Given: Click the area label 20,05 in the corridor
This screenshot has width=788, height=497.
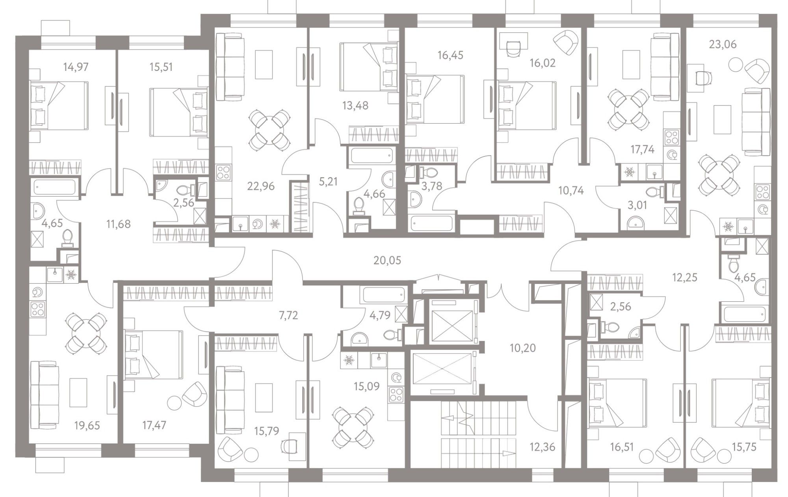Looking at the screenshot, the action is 387,260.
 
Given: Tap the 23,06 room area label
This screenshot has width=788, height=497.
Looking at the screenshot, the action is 723,45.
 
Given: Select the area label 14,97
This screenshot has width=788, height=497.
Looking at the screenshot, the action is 76,67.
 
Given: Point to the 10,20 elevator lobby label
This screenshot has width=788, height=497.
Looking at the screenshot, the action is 522,348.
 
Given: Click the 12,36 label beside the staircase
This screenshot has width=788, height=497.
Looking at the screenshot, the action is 542,447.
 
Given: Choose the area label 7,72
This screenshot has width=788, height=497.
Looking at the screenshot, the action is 288,315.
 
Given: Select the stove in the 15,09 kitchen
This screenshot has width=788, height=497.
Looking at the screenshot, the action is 396,394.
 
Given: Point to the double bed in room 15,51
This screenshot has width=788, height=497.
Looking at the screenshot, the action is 179,113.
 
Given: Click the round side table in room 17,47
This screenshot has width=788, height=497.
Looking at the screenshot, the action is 174,403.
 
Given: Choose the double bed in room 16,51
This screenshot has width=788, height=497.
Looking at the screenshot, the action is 617,402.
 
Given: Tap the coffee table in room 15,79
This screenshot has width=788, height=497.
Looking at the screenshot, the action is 264,397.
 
